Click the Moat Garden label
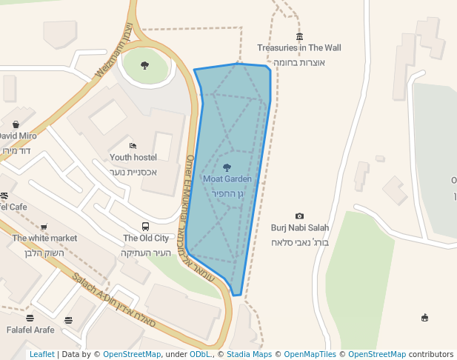point(227,179)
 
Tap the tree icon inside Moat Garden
point(227,167)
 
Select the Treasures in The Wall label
point(299,48)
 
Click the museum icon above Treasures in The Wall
point(299,37)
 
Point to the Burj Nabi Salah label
point(300,227)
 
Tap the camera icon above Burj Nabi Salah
point(299,216)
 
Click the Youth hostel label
point(133,157)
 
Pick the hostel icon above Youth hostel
point(133,146)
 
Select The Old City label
point(146,238)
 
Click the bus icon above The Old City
point(146,227)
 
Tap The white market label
point(44,238)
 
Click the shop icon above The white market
point(44,227)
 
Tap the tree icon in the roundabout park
point(144,65)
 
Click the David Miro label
point(16,136)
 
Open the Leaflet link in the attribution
point(41,355)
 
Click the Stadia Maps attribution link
point(249,355)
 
